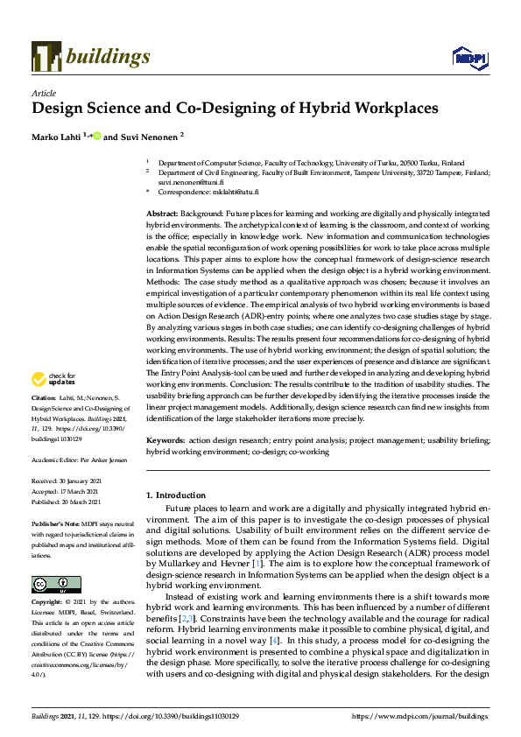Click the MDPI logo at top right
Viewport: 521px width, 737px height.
pos(468,57)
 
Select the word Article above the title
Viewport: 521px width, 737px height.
pos(43,93)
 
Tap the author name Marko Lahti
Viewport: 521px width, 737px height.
pos(55,137)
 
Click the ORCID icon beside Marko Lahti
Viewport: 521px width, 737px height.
pos(97,137)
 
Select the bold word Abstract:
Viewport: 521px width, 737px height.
pos(163,214)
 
